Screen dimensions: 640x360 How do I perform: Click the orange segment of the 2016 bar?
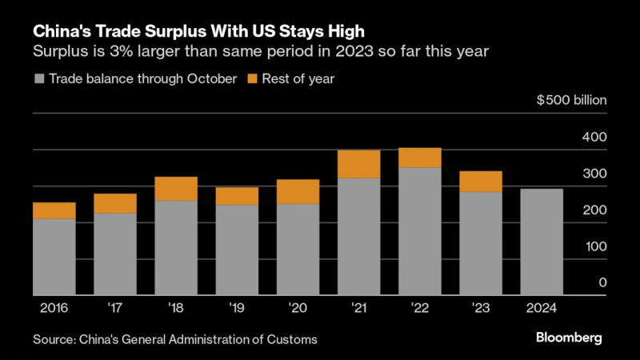pyautogui.click(x=54, y=210)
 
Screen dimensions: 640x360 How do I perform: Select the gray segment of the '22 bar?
pyautogui.click(x=420, y=231)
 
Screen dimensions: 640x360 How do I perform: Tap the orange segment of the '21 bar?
pyautogui.click(x=359, y=164)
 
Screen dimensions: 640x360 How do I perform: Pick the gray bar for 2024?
pyautogui.click(x=542, y=242)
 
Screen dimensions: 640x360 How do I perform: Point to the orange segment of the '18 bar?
pyautogui.click(x=176, y=189)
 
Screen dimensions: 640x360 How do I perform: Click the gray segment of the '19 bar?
pyautogui.click(x=237, y=250)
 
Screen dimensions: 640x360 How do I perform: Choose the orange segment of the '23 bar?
pyautogui.click(x=481, y=182)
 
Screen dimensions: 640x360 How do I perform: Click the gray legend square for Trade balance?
pyautogui.click(x=39, y=78)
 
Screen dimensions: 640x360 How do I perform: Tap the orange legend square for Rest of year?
pyautogui.click(x=253, y=78)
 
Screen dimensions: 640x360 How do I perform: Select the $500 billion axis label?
pyautogui.click(x=571, y=100)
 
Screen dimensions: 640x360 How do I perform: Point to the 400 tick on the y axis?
pyautogui.click(x=594, y=137)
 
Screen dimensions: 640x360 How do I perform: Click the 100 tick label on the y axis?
pyautogui.click(x=596, y=246)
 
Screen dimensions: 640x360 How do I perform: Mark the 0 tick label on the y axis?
pyautogui.click(x=603, y=282)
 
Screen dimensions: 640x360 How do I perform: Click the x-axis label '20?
pyautogui.click(x=298, y=308)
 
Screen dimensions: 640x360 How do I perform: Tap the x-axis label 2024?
pyautogui.click(x=542, y=308)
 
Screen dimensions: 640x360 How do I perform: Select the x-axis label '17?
pyautogui.click(x=114, y=308)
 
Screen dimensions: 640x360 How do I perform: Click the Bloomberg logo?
pyautogui.click(x=569, y=338)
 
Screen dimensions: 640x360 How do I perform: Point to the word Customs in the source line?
pyautogui.click(x=292, y=339)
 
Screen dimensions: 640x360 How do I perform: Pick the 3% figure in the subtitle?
pyautogui.click(x=121, y=51)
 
